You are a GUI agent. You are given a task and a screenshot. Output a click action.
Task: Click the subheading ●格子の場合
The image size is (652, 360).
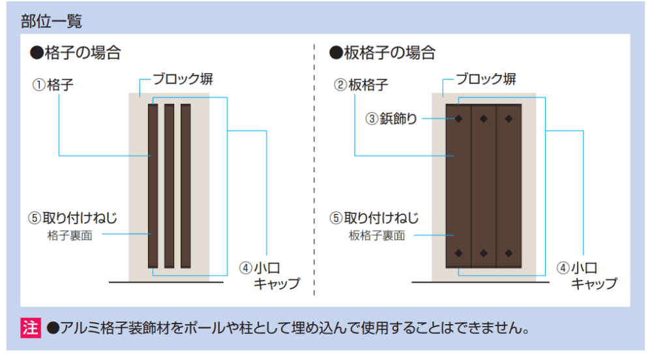(75, 53)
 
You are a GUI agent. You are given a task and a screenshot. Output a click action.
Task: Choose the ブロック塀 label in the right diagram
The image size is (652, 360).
(486, 80)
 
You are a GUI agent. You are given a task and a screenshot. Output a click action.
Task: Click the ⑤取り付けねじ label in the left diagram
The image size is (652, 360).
(72, 218)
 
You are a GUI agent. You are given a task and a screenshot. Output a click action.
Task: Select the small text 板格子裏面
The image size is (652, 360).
(376, 235)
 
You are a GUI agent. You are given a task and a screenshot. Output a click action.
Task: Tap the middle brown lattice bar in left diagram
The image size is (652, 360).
(169, 185)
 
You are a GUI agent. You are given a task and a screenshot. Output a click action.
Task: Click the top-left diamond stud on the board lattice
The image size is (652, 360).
(459, 119)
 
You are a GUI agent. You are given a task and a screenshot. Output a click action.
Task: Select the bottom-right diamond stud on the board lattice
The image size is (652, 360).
(509, 252)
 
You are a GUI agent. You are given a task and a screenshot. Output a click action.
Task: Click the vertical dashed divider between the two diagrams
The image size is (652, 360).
(314, 170)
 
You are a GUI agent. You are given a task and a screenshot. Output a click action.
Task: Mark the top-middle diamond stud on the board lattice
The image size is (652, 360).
(484, 119)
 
